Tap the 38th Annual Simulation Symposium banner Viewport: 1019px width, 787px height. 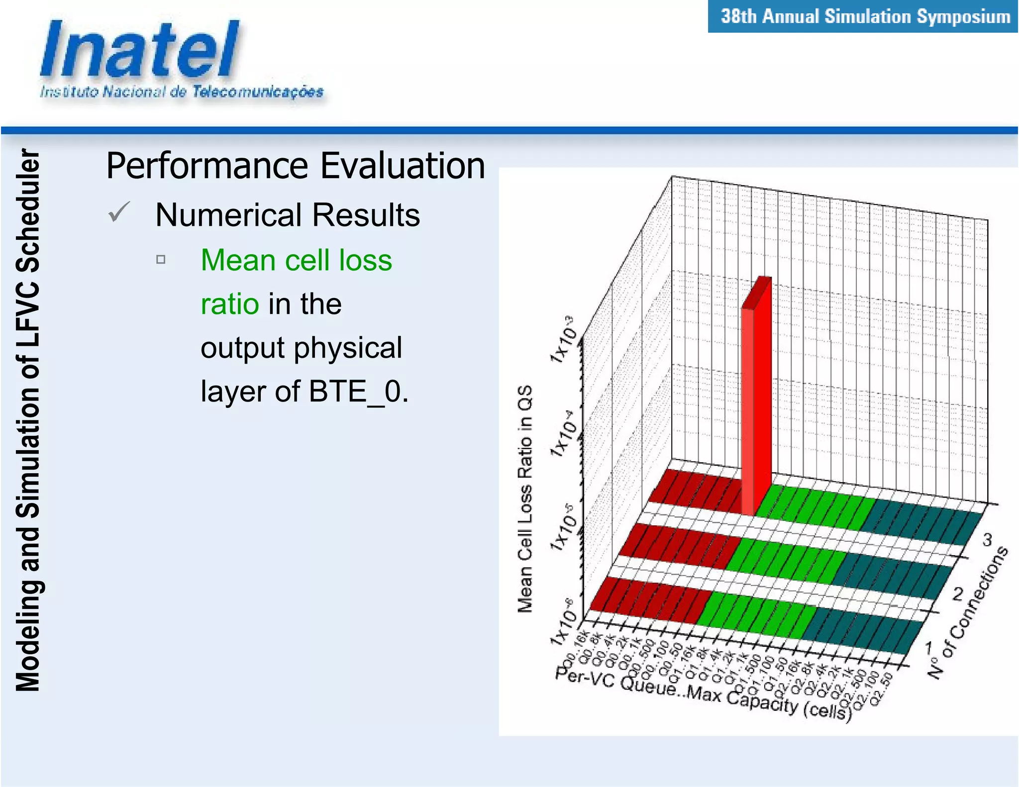(x=865, y=16)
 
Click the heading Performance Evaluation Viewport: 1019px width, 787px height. (x=295, y=166)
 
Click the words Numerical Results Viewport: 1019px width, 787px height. (x=287, y=215)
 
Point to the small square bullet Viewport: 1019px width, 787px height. (x=161, y=259)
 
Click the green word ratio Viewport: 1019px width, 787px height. (x=229, y=304)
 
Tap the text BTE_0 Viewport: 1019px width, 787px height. (x=358, y=392)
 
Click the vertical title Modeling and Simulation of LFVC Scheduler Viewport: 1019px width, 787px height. (x=27, y=420)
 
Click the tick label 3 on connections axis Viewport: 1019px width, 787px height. (x=987, y=539)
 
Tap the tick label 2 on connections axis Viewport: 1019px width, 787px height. (x=957, y=594)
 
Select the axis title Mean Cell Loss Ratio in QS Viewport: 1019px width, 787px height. (x=525, y=497)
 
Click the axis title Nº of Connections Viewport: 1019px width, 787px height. (x=967, y=614)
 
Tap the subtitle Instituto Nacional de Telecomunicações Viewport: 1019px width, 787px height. (x=182, y=92)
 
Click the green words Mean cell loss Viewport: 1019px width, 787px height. (x=296, y=260)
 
